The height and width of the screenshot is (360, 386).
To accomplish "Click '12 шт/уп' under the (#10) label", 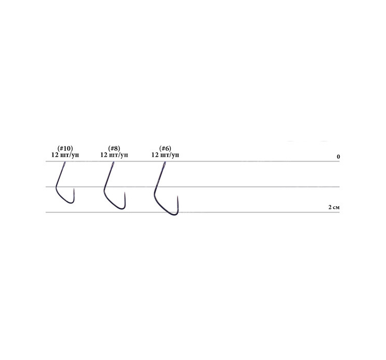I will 65,155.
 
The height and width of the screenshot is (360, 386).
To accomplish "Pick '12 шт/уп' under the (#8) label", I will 114,155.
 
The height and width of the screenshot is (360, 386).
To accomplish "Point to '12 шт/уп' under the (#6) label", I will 165,155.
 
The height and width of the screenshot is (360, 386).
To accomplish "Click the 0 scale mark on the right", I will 338,156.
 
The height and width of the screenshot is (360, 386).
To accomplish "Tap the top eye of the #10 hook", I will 64,164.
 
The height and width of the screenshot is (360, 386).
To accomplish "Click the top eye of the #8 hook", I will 113,164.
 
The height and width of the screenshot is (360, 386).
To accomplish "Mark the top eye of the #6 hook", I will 164,164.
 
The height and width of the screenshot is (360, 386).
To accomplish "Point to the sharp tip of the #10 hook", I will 74,189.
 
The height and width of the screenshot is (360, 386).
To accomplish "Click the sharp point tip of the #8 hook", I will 125,193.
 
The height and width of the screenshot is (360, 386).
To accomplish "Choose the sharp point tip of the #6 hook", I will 178,197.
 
